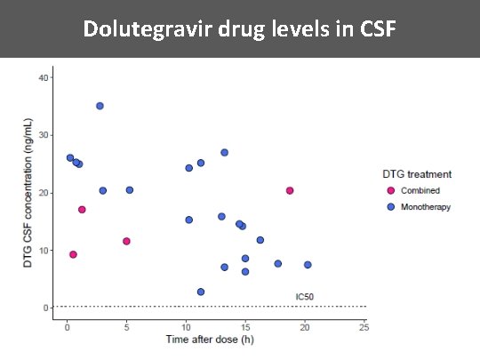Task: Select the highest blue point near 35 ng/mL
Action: point(100,106)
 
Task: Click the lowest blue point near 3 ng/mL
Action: point(201,292)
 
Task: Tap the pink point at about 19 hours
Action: point(290,190)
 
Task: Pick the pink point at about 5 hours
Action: point(127,241)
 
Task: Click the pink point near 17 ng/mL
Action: point(82,210)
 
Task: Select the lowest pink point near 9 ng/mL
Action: point(73,254)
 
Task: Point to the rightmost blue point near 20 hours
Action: point(308,265)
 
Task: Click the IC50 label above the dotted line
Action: point(304,296)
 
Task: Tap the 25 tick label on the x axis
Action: point(364,326)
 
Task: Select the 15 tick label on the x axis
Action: point(244,326)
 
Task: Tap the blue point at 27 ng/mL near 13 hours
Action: point(224,153)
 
